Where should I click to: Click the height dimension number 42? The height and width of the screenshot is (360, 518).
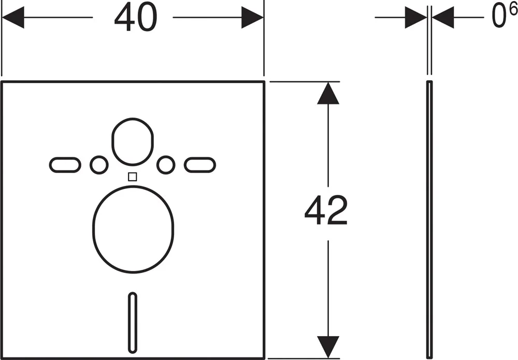[326, 210]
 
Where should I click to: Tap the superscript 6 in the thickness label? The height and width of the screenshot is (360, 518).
[513, 9]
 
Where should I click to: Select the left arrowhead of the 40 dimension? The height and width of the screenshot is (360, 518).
[13, 17]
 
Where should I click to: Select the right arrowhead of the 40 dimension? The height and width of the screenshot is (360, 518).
[252, 17]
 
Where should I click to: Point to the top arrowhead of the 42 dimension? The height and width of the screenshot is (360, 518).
[328, 93]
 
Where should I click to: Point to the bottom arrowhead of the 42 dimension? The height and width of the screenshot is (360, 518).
[328, 347]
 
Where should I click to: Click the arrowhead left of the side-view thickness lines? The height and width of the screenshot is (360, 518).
[416, 17]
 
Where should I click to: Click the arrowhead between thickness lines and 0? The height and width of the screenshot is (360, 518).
[443, 17]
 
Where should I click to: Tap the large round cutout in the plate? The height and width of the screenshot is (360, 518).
[133, 229]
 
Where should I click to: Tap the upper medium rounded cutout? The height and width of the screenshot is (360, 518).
[133, 141]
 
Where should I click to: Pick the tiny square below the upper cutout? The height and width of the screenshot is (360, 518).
[132, 177]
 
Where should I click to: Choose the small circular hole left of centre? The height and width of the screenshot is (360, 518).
[99, 165]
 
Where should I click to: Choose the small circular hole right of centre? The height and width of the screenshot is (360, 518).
[166, 165]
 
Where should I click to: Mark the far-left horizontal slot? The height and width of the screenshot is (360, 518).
[65, 165]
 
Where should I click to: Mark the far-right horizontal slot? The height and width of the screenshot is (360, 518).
[200, 165]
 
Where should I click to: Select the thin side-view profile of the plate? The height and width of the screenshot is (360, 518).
[429, 219]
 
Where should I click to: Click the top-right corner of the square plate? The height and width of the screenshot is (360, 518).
[264, 81]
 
